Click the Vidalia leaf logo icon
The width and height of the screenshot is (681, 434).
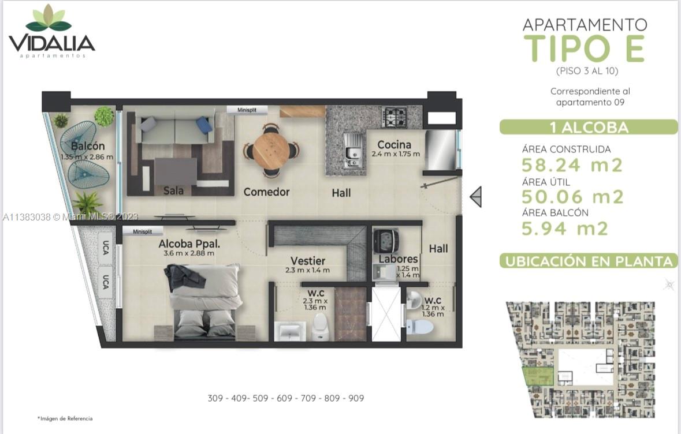click(49, 19)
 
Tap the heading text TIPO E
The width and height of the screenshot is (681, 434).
click(584, 48)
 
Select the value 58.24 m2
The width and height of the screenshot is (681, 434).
click(572, 166)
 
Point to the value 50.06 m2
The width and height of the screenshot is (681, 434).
click(572, 197)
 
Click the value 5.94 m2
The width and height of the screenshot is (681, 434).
click(565, 229)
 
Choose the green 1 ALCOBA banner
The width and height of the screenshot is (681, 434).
click(588, 127)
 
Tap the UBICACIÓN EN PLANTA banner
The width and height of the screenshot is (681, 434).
click(589, 261)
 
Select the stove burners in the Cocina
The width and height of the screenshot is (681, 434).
click(396, 117)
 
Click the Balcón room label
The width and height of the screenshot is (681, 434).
click(88, 146)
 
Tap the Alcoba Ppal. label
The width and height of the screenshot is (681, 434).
click(189, 244)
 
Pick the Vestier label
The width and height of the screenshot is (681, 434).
click(307, 261)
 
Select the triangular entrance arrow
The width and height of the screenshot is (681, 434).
click(476, 197)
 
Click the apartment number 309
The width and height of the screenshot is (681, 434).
click(216, 398)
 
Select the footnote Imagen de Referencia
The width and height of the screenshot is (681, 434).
click(65, 418)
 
